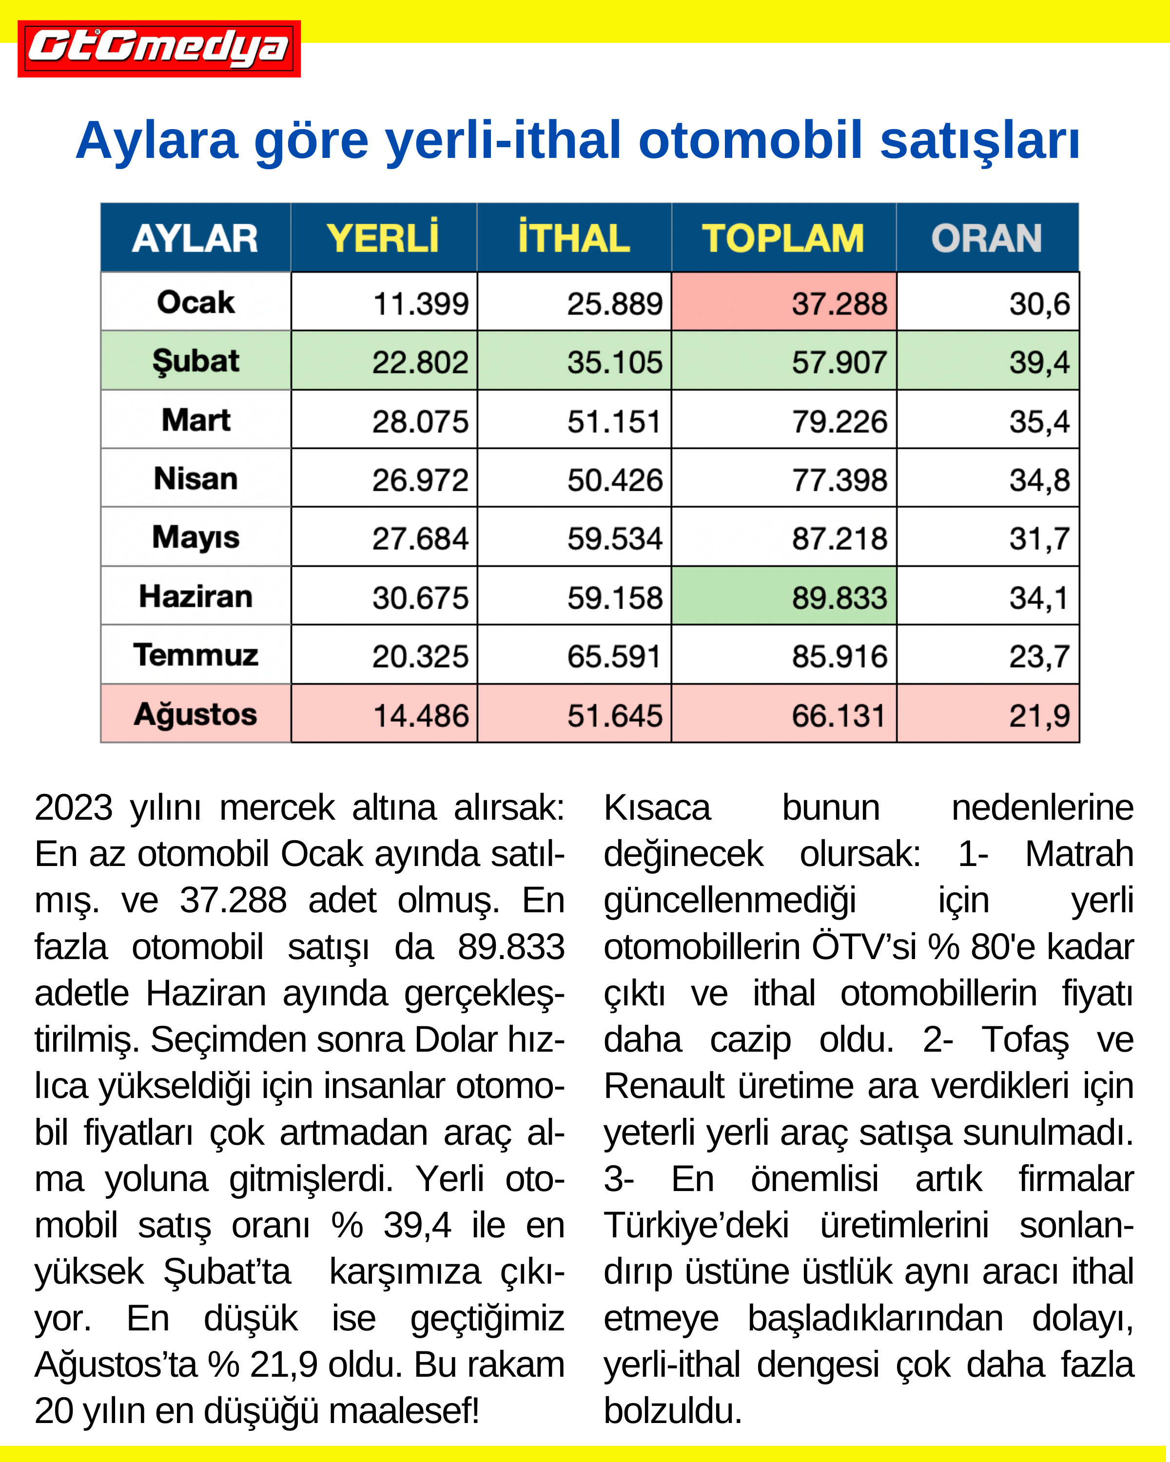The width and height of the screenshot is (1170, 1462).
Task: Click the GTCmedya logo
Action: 159,48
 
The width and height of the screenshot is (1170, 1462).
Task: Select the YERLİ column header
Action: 383,238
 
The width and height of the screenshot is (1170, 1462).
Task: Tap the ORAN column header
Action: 986,238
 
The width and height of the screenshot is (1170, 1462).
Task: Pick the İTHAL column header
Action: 574,238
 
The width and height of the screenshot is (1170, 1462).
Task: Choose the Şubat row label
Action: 195,361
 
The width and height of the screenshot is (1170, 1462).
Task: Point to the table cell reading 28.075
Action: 420,421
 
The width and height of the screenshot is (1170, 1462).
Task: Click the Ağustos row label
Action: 195,714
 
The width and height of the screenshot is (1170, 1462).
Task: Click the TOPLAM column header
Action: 783,238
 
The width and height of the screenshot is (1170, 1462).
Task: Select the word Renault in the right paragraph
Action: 664,1086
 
